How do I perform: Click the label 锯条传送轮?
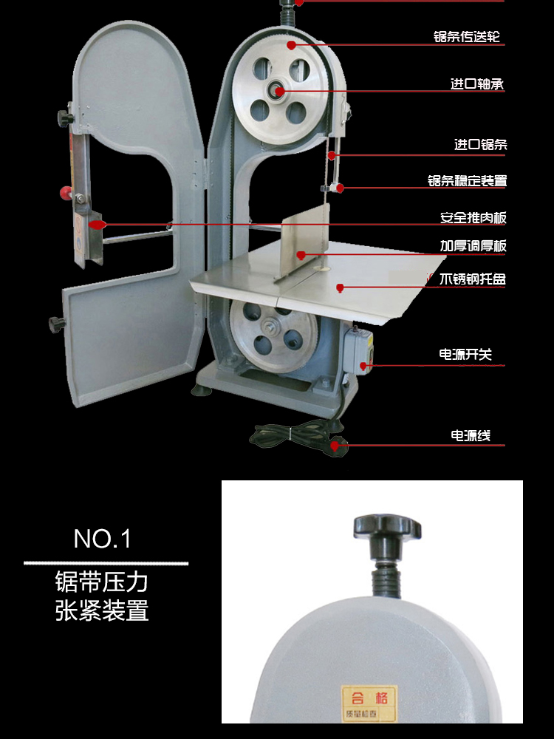coord(470,36)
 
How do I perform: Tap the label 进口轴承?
coord(477,84)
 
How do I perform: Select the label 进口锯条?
coord(480,145)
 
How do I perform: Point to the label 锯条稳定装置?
coord(467,181)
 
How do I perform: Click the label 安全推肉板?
coord(473,218)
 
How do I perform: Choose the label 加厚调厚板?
coord(473,246)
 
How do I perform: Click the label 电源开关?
coord(465,355)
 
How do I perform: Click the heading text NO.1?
coord(102,539)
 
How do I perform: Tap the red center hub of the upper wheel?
coord(278,92)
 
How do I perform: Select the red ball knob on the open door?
coord(66,194)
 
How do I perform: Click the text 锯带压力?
coord(102,582)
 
